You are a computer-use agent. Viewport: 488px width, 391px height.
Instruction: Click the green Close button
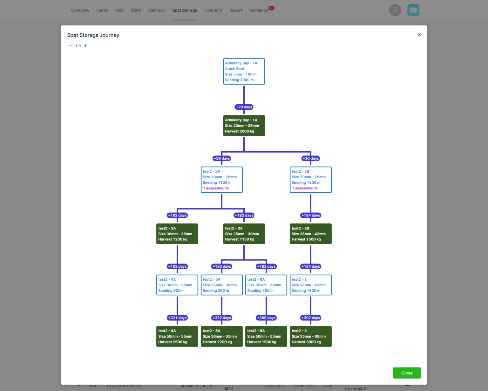pyautogui.click(x=407, y=373)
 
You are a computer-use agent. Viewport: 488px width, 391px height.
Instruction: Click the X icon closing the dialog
pyautogui.click(x=419, y=35)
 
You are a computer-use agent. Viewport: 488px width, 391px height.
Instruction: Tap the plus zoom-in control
pyautogui.click(x=85, y=46)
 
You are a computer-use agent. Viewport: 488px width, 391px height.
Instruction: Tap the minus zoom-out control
pyautogui.click(x=70, y=46)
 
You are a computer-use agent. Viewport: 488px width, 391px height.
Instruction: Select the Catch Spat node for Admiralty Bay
pyautogui.click(x=244, y=72)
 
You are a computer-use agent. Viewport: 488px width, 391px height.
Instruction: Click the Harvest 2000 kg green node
pyautogui.click(x=244, y=126)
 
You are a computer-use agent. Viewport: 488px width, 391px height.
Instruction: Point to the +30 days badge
pyautogui.click(x=310, y=158)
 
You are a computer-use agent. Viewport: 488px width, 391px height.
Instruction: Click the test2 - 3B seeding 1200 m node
pyautogui.click(x=310, y=180)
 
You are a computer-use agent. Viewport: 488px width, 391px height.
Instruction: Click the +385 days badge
pyautogui.click(x=266, y=318)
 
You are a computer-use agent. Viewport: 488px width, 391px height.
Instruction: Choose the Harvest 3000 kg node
pyautogui.click(x=310, y=336)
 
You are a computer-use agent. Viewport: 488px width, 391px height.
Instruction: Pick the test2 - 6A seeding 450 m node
pyautogui.click(x=266, y=285)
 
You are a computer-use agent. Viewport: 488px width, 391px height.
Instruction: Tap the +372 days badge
pyautogui.click(x=221, y=318)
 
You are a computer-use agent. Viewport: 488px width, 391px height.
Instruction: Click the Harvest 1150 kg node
pyautogui.click(x=244, y=234)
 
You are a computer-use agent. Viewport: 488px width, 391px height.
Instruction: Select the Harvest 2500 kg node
pyautogui.click(x=177, y=336)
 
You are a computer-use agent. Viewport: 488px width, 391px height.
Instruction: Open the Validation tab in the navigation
pyautogui.click(x=259, y=10)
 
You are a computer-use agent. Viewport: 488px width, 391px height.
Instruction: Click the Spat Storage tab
pyautogui.click(x=185, y=10)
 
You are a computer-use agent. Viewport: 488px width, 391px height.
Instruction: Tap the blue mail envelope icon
pyautogui.click(x=413, y=10)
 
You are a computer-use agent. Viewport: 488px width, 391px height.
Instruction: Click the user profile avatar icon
pyautogui.click(x=395, y=10)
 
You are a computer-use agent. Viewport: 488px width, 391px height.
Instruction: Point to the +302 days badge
pyautogui.click(x=310, y=318)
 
